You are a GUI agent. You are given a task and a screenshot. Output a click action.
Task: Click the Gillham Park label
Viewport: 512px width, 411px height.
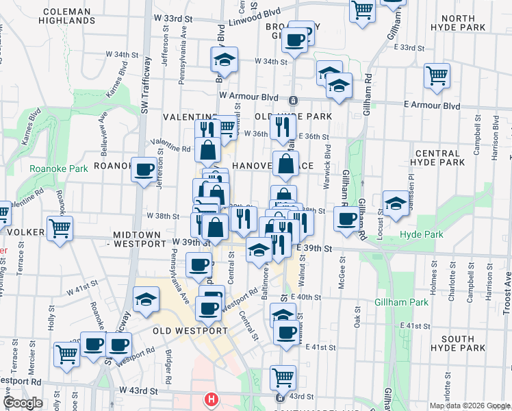pos(401,301)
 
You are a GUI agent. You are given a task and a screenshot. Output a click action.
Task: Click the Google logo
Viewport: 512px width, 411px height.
pos(23,403)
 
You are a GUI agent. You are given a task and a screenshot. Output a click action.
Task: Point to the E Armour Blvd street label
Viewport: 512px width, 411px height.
pos(432,106)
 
